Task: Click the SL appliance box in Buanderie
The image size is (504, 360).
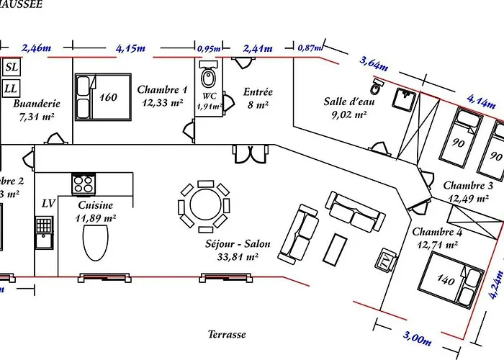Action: click(x=12, y=68)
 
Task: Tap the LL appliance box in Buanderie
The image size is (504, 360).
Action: click(x=12, y=89)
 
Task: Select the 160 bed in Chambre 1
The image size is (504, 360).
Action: click(x=100, y=96)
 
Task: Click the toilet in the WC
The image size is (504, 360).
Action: click(x=209, y=76)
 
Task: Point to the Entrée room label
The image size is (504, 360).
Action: click(x=257, y=92)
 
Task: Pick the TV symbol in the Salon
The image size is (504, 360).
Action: click(x=385, y=260)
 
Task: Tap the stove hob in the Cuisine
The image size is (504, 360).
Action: click(x=82, y=183)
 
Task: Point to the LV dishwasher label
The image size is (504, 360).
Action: click(x=48, y=204)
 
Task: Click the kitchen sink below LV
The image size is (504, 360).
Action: click(x=44, y=232)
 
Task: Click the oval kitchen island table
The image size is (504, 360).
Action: click(x=95, y=242)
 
